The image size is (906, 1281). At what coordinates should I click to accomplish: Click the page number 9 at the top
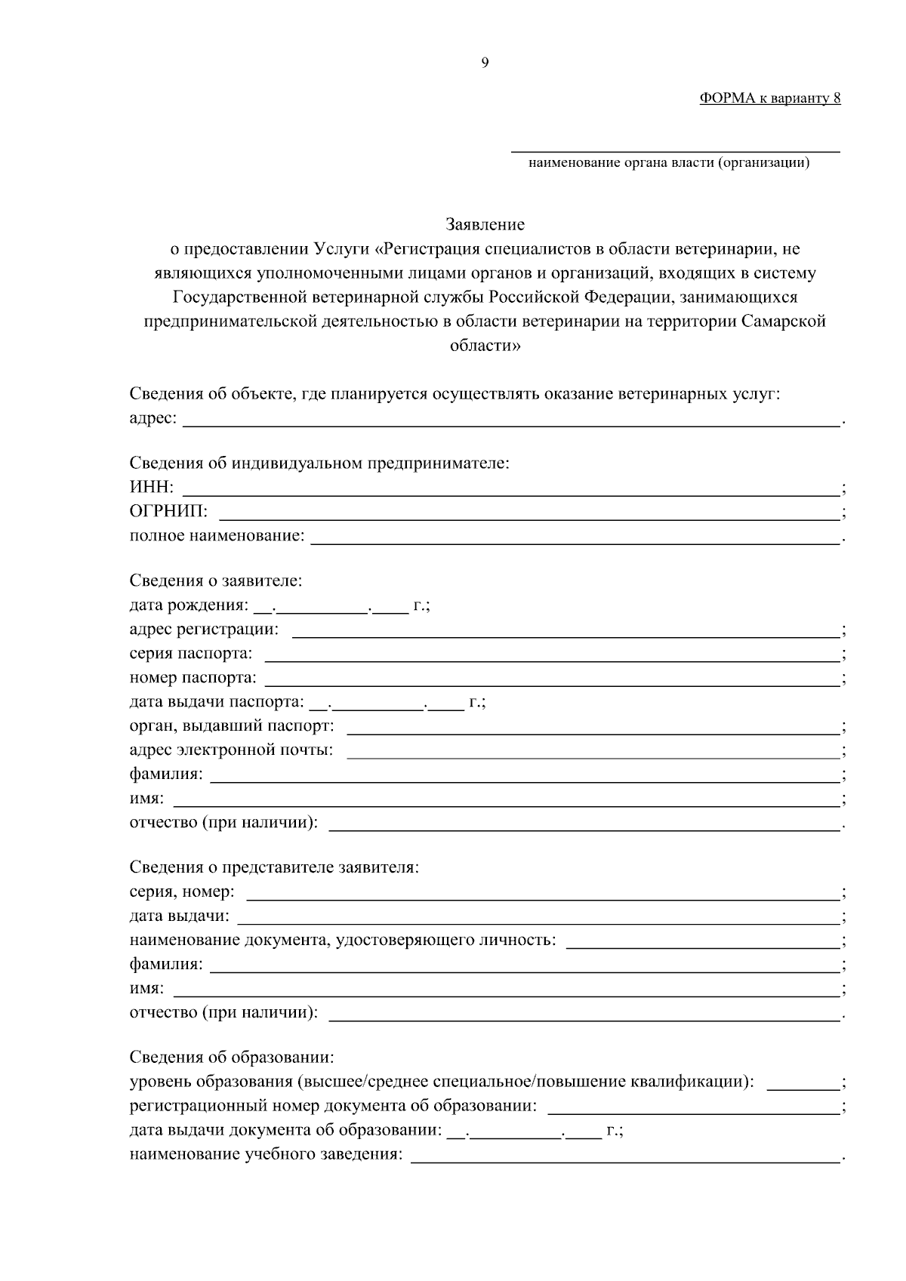484,63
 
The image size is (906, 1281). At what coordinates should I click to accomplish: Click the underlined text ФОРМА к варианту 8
769,98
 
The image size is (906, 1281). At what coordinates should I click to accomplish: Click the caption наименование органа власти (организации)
669,162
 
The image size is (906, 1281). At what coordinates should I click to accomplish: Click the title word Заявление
485,224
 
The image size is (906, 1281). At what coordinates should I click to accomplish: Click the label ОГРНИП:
169,512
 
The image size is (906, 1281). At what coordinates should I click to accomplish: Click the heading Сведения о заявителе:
216,580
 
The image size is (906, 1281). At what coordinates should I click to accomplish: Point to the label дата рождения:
188,605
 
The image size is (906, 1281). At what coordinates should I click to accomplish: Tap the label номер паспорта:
193,678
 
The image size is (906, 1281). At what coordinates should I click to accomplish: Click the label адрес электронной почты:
231,750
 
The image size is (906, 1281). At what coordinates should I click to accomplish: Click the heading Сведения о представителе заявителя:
274,867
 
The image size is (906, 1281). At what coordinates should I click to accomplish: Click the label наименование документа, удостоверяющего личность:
343,940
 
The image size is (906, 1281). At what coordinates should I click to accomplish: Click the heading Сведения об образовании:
232,1057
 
